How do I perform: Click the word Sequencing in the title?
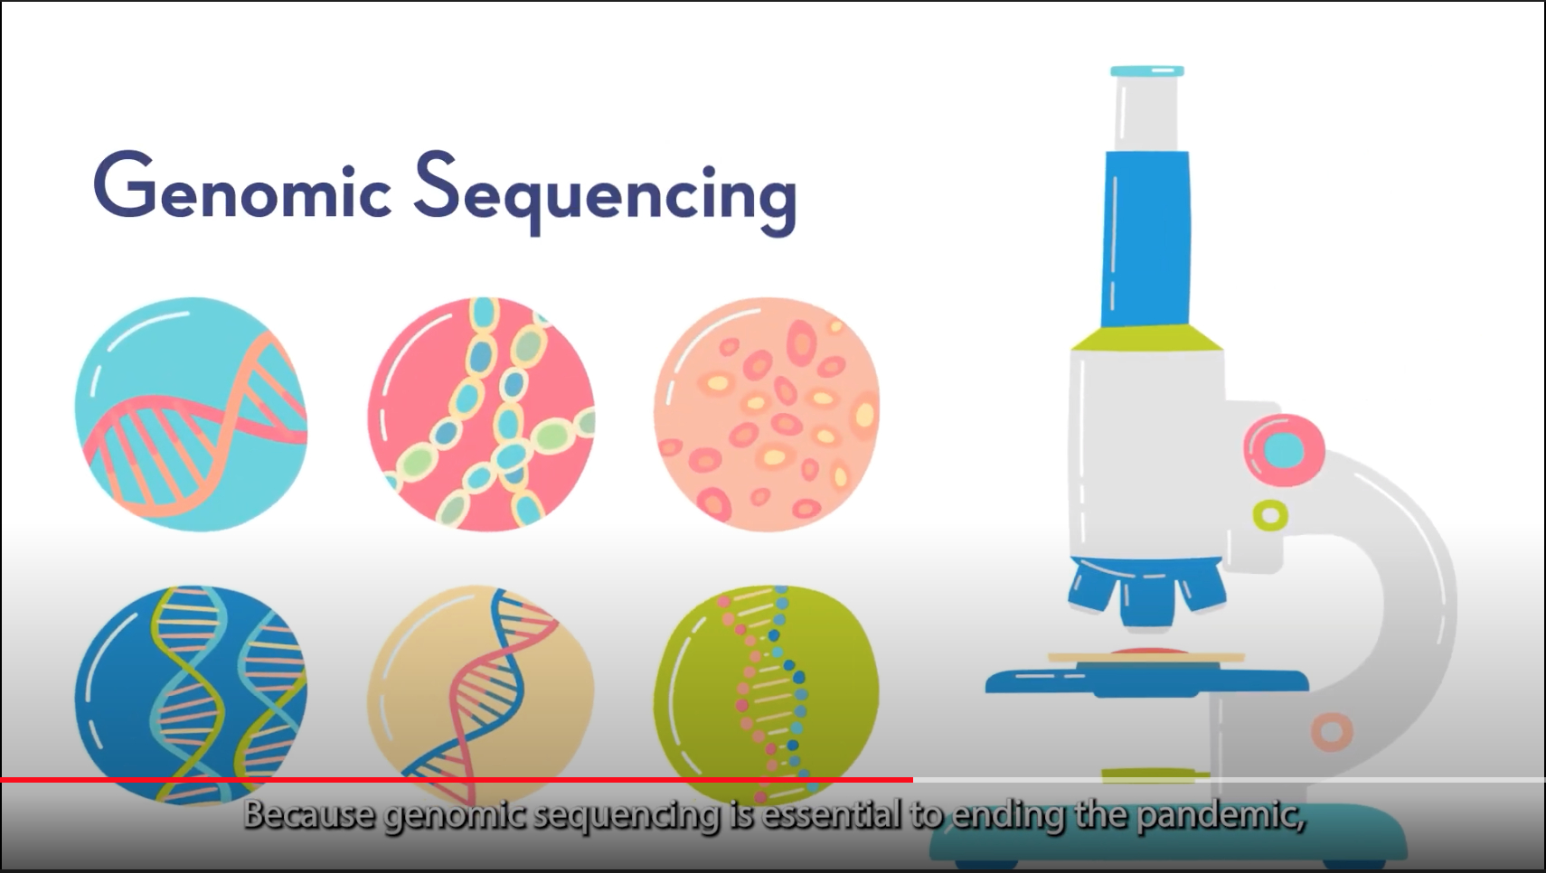605,192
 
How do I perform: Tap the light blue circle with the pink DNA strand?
191,414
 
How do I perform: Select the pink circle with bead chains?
481,414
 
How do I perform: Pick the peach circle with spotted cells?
767,414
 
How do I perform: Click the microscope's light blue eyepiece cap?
1147,71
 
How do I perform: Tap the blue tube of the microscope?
1145,239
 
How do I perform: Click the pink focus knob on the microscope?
1284,451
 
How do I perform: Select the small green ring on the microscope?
1270,515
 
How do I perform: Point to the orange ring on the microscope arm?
1332,731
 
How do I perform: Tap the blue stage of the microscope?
1146,681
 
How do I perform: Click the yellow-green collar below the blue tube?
1146,338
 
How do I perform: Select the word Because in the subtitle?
311,814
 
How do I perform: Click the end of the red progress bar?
912,780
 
